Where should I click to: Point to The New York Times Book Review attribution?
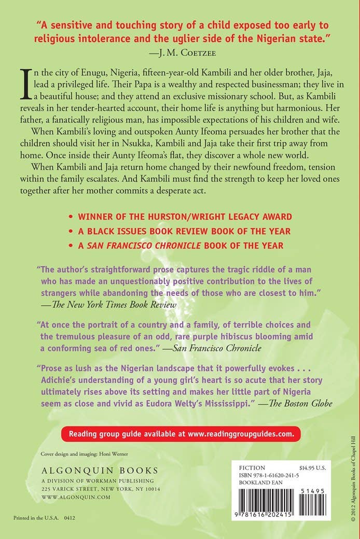pyautogui.click(x=109, y=305)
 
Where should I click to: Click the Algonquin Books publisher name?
pyautogui.click(x=99, y=471)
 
